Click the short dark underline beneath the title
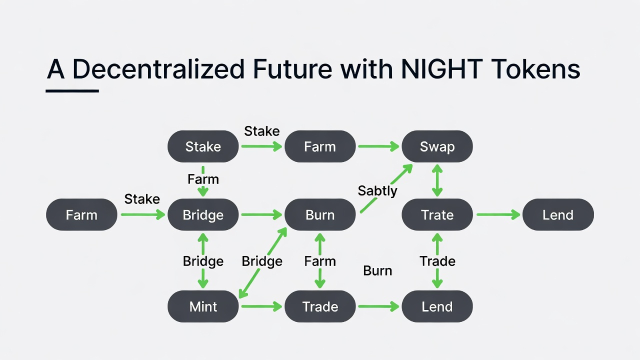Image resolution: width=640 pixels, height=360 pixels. (72, 91)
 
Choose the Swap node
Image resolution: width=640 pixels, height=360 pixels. (437, 146)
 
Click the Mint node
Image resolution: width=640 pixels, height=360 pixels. (203, 306)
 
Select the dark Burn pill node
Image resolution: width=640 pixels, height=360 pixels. (320, 215)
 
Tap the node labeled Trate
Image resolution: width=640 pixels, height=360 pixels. (437, 215)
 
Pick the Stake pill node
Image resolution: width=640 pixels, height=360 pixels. (203, 146)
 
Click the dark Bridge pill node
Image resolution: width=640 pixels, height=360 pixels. (203, 215)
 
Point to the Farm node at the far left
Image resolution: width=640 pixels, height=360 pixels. (81, 215)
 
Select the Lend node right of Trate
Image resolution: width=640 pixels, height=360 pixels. (558, 215)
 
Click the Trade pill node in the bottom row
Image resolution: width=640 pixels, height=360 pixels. (320, 306)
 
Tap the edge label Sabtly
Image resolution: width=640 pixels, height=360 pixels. (377, 190)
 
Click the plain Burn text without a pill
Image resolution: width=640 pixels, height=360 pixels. (377, 271)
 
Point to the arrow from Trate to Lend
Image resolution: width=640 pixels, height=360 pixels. (498, 215)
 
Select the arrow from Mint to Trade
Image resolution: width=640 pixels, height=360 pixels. (261, 306)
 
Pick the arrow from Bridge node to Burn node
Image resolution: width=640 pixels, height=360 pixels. (261, 215)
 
